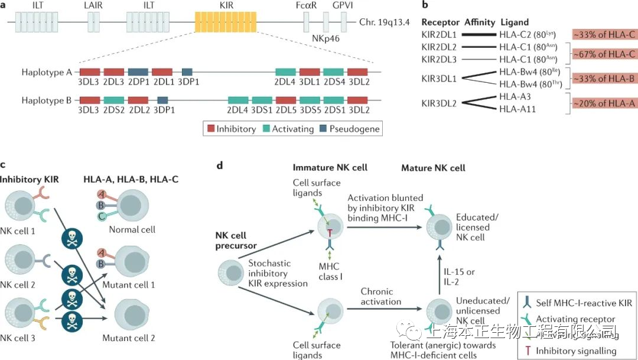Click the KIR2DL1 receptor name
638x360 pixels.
pos(440,35)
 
